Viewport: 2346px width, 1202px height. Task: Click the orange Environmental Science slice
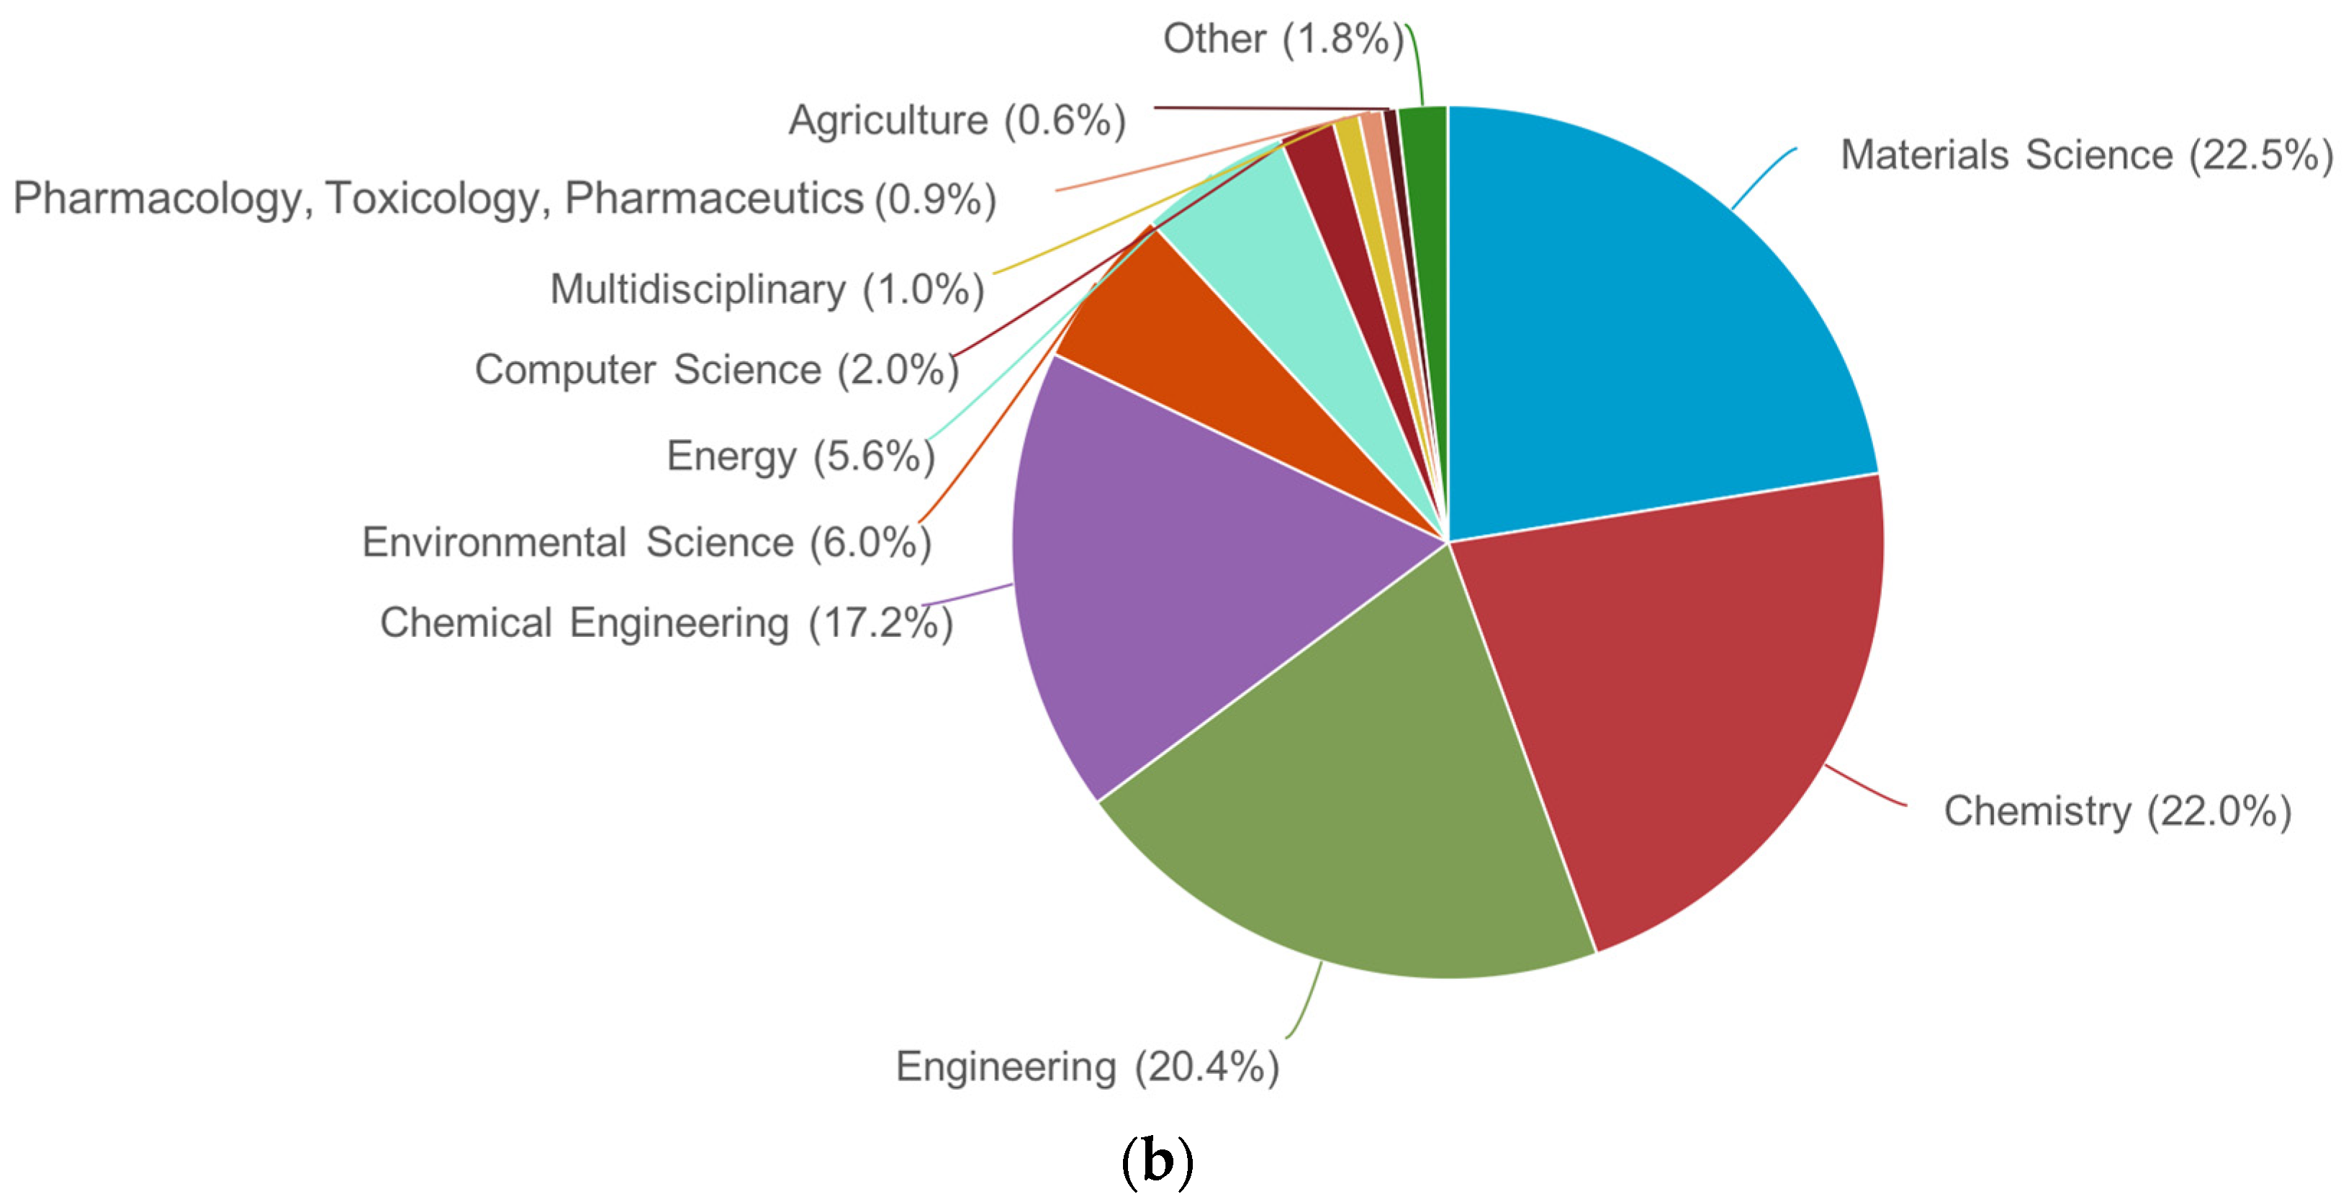1212,364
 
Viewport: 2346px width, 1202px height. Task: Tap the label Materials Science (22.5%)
2085,155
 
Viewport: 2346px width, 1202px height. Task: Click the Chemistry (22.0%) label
2116,810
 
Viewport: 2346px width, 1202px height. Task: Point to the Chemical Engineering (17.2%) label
666,624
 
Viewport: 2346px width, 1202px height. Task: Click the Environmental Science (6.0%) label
646,543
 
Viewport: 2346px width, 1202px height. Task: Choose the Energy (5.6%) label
800,456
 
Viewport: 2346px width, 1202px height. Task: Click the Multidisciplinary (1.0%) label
767,289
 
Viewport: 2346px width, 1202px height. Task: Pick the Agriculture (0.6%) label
956,120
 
